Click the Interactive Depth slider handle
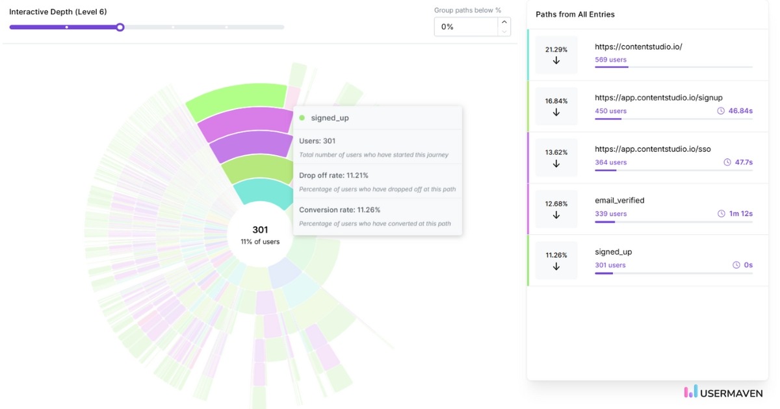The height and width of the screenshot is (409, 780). tap(120, 27)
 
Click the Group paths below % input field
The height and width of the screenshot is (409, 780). tap(465, 27)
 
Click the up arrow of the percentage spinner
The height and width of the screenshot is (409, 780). tap(504, 22)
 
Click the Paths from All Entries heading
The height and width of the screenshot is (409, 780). tap(575, 14)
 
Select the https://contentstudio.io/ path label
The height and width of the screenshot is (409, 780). tap(638, 47)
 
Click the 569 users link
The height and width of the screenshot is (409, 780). tap(610, 60)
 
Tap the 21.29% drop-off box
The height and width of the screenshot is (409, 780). tap(556, 55)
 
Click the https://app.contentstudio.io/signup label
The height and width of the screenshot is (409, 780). tap(658, 97)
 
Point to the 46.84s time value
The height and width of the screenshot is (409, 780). tap(740, 111)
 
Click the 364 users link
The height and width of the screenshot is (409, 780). tap(610, 162)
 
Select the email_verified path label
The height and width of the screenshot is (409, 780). tap(619, 201)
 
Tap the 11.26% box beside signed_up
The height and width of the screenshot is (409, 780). tap(556, 260)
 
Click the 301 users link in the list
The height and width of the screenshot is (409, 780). tap(610, 265)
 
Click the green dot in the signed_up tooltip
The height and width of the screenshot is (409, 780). tap(302, 118)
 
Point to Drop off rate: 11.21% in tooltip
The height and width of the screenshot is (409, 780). tap(334, 175)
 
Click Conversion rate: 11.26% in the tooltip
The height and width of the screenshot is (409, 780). tap(339, 210)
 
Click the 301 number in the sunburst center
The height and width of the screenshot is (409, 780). tap(260, 230)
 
